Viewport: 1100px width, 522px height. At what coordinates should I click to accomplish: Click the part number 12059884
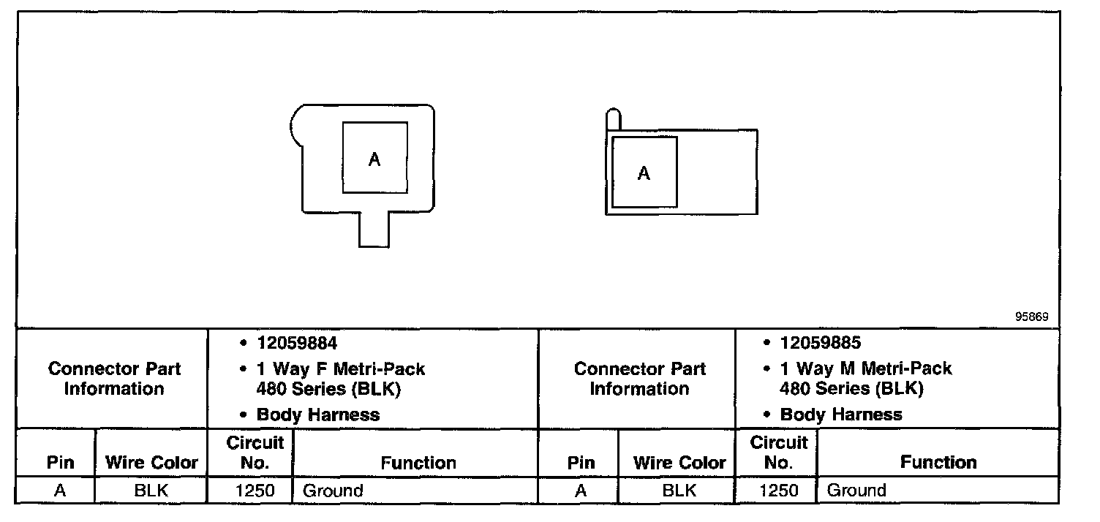pos(297,343)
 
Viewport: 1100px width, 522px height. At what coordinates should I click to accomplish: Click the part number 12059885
pos(820,343)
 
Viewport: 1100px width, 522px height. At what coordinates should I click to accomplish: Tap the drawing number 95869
pos(1031,317)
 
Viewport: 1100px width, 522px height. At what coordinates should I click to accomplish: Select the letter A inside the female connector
pos(374,159)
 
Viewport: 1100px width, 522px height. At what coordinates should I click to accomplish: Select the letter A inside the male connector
pos(644,173)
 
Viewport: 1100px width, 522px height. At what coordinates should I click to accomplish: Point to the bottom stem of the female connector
pos(373,230)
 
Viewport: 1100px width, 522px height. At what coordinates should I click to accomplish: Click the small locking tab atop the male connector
pos(614,119)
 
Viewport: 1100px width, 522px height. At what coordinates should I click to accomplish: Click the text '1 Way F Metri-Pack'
pos(340,369)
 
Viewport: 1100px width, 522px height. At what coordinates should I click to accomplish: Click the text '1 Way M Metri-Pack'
pos(866,368)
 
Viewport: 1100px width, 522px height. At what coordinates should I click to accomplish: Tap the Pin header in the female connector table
pos(60,463)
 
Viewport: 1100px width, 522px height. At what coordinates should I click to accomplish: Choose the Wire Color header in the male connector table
pos(679,463)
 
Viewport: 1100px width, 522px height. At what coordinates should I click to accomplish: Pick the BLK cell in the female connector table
pos(151,491)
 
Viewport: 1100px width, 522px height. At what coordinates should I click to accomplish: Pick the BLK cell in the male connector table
pos(679,491)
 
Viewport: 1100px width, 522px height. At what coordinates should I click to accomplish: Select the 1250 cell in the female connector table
pos(255,491)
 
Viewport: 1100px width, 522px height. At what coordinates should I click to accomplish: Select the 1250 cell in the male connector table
pos(778,491)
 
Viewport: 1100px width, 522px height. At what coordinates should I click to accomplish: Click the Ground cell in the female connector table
pos(333,491)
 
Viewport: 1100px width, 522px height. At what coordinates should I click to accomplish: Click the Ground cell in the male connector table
pos(856,491)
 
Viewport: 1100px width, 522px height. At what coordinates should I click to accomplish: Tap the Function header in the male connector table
pos(938,463)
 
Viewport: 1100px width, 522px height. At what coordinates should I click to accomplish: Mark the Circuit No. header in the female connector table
pos(255,453)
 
